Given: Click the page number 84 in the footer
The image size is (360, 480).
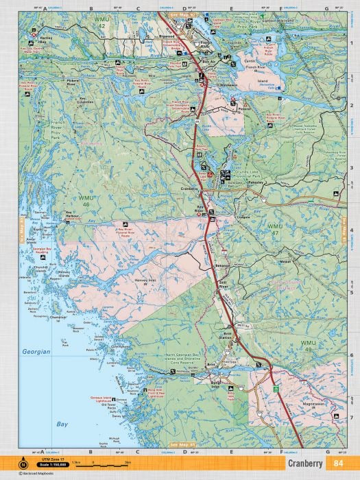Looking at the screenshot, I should [x=339, y=464].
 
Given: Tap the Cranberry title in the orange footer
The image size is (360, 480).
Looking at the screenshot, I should [x=302, y=464].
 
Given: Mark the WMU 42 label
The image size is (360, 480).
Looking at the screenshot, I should [x=101, y=23].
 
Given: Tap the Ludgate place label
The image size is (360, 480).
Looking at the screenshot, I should [x=245, y=217].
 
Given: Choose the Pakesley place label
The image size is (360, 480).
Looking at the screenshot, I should [x=256, y=183].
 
